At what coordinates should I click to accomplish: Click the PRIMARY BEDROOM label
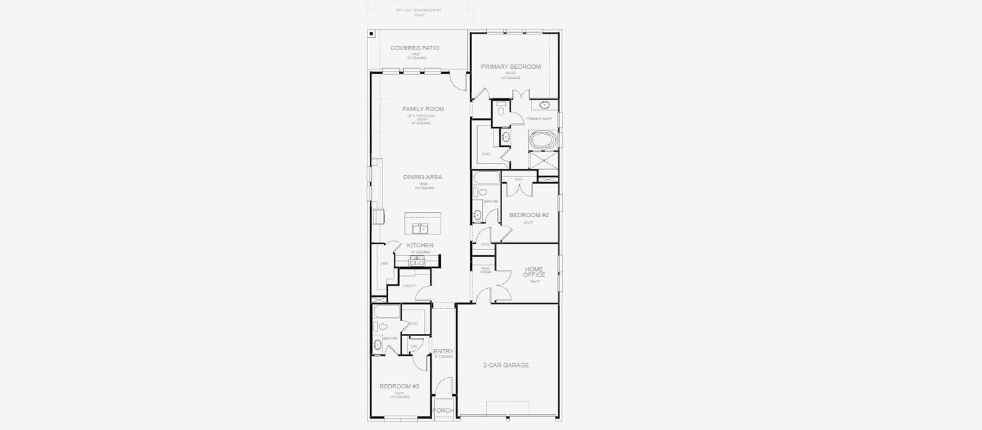[511, 67]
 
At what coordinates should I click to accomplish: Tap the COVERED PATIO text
[415, 48]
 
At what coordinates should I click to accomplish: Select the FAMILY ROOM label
[423, 109]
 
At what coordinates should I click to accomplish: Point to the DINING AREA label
[423, 177]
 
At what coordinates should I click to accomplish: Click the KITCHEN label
[420, 245]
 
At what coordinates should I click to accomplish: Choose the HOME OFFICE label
[534, 272]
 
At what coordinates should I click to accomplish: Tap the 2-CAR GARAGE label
[506, 365]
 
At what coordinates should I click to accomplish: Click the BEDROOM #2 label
[529, 215]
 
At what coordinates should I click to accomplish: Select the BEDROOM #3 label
[399, 386]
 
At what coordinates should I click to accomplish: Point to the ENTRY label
[443, 351]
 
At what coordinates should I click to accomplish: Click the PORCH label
[443, 410]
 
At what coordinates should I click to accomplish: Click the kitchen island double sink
[420, 229]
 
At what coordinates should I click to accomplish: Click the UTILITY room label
[409, 286]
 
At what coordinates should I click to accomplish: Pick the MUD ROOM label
[485, 269]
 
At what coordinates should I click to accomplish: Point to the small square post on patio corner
[371, 33]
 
